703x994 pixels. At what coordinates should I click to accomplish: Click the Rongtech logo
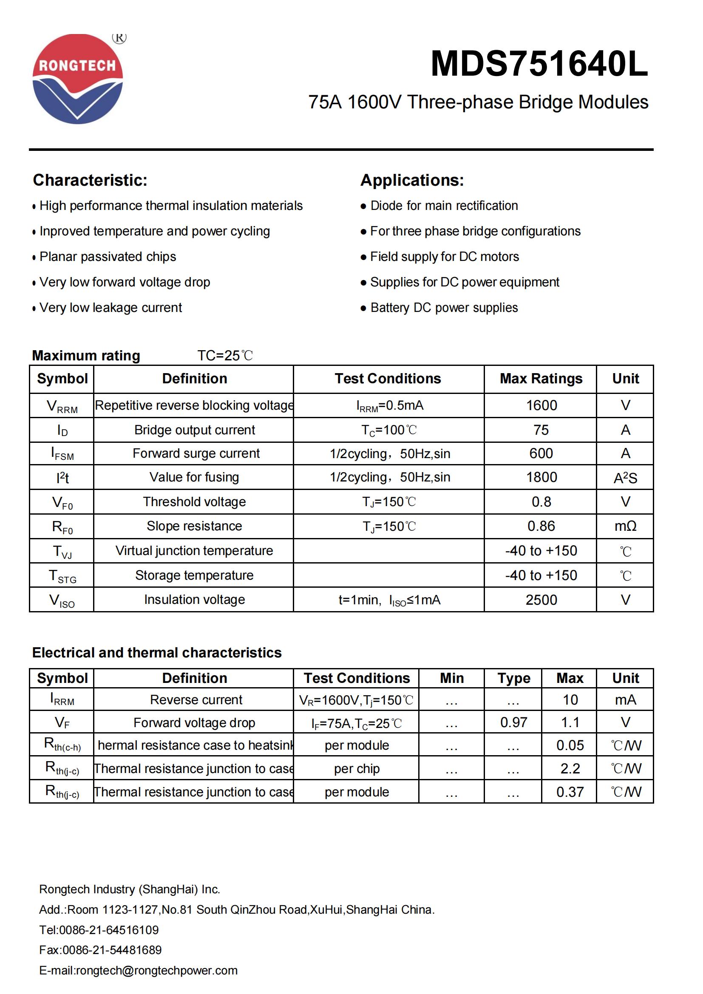78,79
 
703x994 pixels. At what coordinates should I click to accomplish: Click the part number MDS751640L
539,64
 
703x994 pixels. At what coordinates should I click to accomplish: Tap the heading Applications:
412,180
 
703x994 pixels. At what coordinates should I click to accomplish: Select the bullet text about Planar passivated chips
108,257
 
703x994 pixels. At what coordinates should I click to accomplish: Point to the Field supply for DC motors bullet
444,257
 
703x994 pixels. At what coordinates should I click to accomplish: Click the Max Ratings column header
541,378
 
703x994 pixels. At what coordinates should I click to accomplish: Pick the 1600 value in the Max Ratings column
541,405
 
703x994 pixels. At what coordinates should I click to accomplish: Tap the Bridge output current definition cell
194,430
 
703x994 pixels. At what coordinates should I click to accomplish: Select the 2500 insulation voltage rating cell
541,600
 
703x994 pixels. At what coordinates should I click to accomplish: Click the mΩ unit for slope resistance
625,526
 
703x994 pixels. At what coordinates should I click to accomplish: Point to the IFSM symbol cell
62,454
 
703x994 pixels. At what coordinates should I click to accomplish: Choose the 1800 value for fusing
541,477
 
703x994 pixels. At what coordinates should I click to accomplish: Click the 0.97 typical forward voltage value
513,722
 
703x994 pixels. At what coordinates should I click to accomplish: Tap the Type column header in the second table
513,678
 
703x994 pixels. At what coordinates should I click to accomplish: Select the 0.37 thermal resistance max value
570,792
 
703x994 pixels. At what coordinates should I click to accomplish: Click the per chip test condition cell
357,768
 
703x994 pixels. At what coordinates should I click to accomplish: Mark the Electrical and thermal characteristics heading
157,652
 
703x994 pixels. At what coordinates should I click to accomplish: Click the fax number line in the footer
100,950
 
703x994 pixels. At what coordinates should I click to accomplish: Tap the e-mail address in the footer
139,970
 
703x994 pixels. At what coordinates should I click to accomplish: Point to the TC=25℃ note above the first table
225,355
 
